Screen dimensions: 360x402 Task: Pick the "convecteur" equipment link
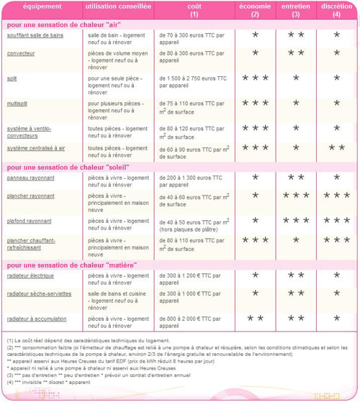pos(21,53)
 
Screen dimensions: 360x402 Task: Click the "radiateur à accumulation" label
pos(38,318)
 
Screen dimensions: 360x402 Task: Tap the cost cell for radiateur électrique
pos(191,278)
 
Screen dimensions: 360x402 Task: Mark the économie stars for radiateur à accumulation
pos(255,318)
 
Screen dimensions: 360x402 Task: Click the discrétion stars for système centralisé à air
pos(336,148)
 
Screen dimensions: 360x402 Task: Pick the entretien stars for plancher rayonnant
pos(296,196)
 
